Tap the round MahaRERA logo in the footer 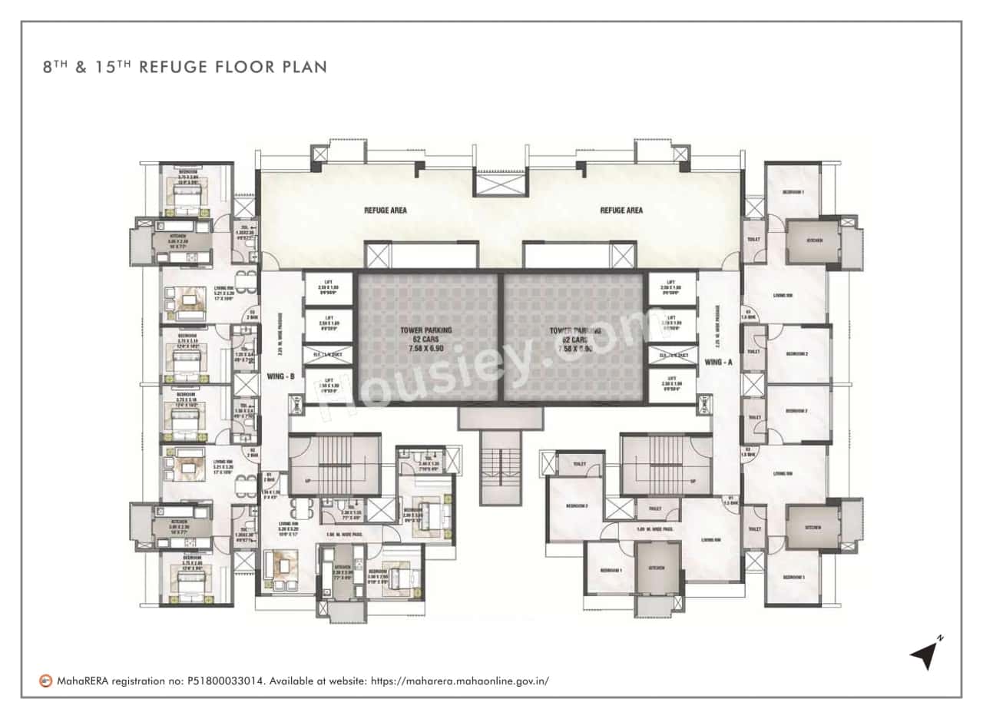(x=46, y=681)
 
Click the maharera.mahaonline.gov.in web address (x=460, y=681)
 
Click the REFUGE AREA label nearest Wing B (x=386, y=210)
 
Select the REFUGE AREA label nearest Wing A (x=621, y=210)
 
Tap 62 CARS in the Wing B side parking (x=425, y=339)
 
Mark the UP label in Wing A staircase (x=692, y=482)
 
